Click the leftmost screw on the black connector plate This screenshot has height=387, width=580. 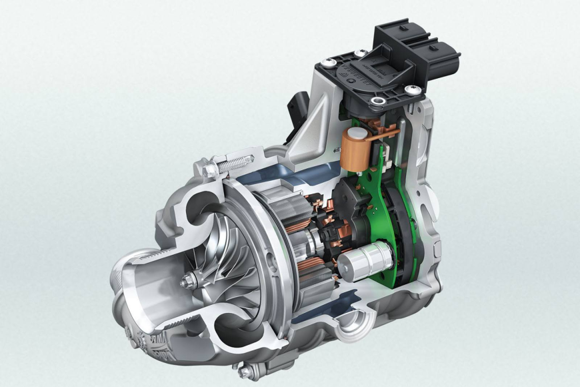coord(329,63)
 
